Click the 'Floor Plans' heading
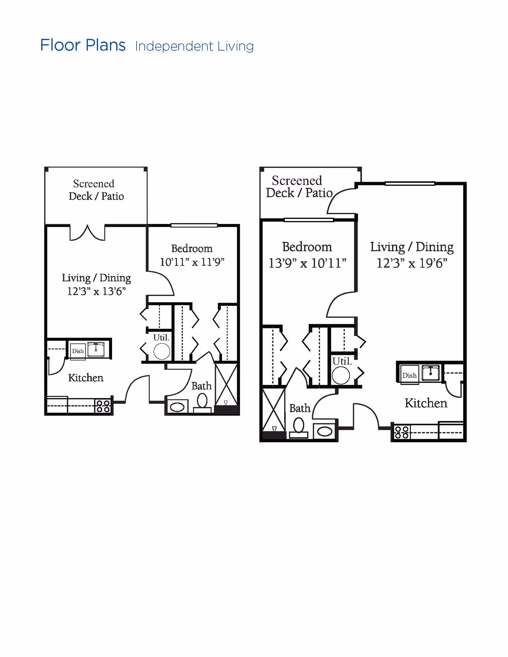pyautogui.click(x=83, y=45)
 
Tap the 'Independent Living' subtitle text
pyautogui.click(x=194, y=46)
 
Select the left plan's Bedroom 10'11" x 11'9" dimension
pyautogui.click(x=192, y=262)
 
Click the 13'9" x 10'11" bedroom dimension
pyautogui.click(x=307, y=263)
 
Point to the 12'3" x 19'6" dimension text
pyautogui.click(x=412, y=263)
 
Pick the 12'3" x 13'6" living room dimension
pyautogui.click(x=97, y=291)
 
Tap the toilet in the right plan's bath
pyautogui.click(x=298, y=427)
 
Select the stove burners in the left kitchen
pyautogui.click(x=103, y=406)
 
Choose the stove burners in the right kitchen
pyautogui.click(x=402, y=432)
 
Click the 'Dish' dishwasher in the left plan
pyautogui.click(x=78, y=351)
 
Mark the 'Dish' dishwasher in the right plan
pyautogui.click(x=410, y=376)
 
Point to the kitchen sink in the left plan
pyautogui.click(x=96, y=349)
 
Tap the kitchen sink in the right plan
pyautogui.click(x=431, y=373)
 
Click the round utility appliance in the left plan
pyautogui.click(x=162, y=351)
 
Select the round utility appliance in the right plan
pyautogui.click(x=341, y=375)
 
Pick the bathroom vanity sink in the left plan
pyautogui.click(x=177, y=407)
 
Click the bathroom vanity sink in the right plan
pyautogui.click(x=325, y=431)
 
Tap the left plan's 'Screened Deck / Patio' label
pyautogui.click(x=96, y=190)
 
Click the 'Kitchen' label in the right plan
pyautogui.click(x=426, y=403)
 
